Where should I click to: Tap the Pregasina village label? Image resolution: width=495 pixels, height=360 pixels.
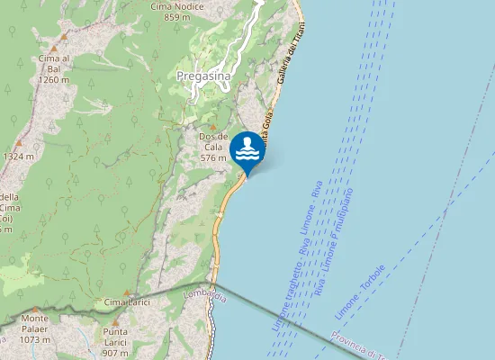(204, 76)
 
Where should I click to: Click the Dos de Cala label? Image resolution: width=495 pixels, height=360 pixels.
(212, 142)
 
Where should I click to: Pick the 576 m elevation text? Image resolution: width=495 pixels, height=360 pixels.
(212, 157)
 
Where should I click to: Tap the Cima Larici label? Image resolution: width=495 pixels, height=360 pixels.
(126, 301)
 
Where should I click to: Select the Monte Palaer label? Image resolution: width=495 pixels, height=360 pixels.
(35, 318)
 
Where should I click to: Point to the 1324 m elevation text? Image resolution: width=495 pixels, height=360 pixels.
(18, 157)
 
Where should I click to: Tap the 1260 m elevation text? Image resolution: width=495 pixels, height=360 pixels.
(54, 79)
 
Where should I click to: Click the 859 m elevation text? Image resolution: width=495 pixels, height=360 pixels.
(177, 16)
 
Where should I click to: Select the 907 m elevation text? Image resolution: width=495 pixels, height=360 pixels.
(115, 354)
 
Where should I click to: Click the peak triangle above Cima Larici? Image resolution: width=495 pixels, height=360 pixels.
(126, 292)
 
